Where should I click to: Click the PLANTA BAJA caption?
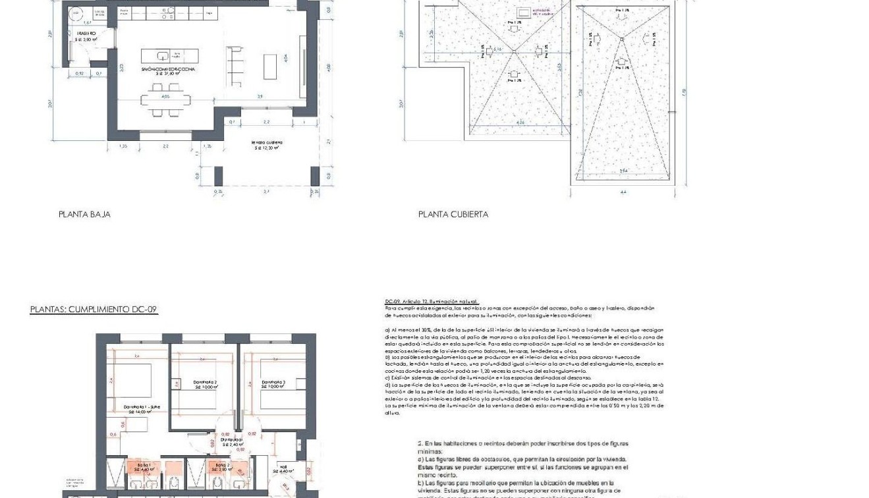point(84,214)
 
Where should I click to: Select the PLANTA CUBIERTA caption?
point(453,214)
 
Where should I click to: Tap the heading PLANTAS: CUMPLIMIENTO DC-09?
point(94,310)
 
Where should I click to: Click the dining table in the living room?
point(165,101)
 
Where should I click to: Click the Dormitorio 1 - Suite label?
point(141,408)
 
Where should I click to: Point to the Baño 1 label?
point(143,467)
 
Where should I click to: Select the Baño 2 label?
point(221,467)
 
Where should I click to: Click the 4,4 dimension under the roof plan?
point(623,192)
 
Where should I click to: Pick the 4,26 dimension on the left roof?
point(520,122)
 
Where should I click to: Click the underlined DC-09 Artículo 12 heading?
point(432,302)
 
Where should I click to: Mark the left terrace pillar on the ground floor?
point(218,176)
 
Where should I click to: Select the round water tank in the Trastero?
point(76,13)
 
